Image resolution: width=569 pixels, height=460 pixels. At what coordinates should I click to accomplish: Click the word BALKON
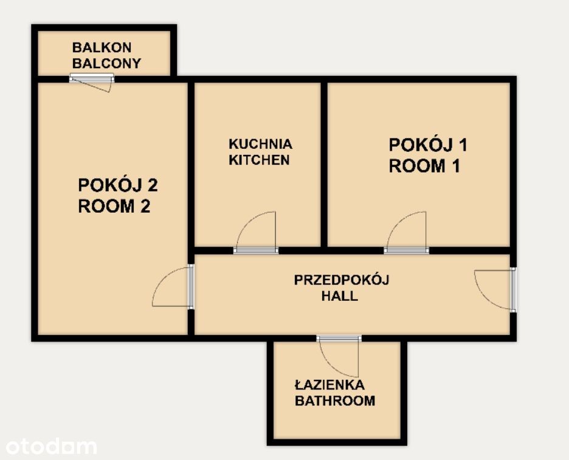point(102,47)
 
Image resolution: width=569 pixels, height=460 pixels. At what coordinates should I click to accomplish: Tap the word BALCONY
point(106,63)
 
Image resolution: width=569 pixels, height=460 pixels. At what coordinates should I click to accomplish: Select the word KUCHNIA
point(260,144)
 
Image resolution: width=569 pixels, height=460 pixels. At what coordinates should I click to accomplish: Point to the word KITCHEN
point(259,160)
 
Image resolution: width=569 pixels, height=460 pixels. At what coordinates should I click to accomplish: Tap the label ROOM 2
point(114,206)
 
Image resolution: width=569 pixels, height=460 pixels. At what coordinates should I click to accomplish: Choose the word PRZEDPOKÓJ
point(341,280)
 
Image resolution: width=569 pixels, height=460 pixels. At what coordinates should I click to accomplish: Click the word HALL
point(340,296)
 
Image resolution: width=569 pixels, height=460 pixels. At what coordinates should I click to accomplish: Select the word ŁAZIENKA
point(329,384)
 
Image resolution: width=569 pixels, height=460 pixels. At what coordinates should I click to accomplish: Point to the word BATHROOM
point(335,400)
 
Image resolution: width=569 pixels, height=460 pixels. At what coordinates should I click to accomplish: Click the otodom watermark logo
point(51,446)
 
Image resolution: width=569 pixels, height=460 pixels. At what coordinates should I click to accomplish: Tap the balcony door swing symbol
point(91,84)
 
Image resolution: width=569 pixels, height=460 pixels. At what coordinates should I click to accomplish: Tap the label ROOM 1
point(424,166)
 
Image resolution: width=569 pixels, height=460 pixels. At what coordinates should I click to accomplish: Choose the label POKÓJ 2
point(118,185)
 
